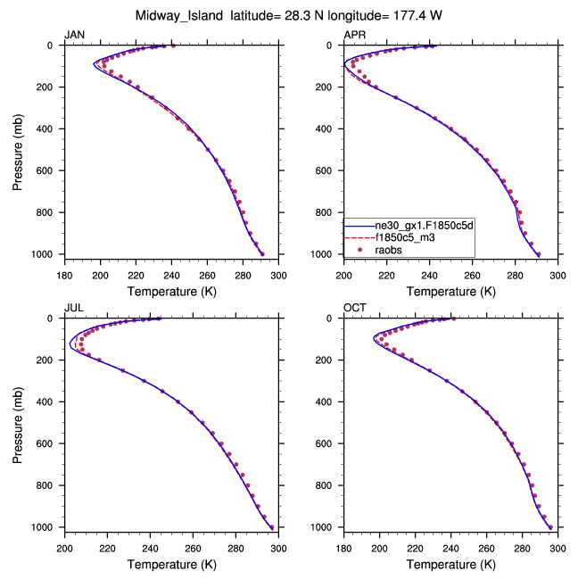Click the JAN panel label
(73, 35)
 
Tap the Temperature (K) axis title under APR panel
(450, 291)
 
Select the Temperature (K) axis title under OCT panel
(450, 564)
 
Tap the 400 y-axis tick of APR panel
(330, 128)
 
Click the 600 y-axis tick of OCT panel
(330, 443)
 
